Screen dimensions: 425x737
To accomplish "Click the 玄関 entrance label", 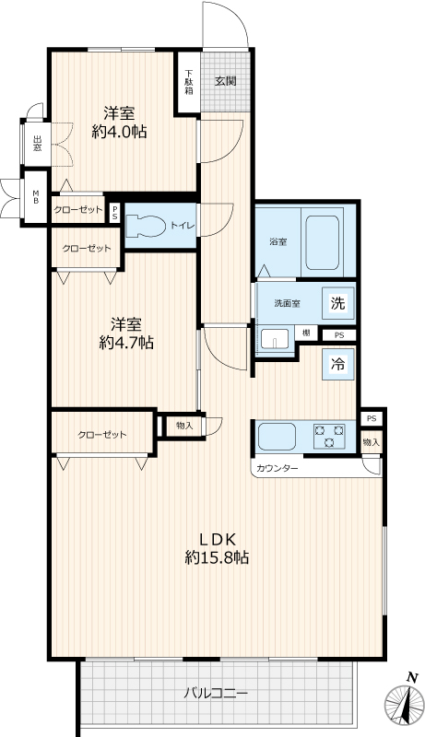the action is [x=226, y=81].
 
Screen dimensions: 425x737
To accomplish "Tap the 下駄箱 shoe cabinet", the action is [x=188, y=82].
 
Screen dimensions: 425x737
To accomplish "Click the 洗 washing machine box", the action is [x=337, y=303].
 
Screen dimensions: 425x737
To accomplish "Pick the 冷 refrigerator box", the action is [x=337, y=364].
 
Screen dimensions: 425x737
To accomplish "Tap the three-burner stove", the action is [x=329, y=436].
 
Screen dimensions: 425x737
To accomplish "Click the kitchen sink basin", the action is [x=277, y=436].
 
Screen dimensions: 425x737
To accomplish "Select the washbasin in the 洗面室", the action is [x=275, y=339].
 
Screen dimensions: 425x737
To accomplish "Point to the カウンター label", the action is [x=277, y=469].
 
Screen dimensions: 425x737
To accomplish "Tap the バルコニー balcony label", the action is [x=216, y=693].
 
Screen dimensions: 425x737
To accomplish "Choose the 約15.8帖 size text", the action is [x=217, y=558].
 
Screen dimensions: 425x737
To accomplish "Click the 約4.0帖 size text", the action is [x=120, y=133].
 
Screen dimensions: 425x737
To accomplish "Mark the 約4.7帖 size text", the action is [x=126, y=343].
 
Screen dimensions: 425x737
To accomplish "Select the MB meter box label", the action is [x=36, y=197].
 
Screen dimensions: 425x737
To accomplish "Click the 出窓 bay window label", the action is [x=37, y=144].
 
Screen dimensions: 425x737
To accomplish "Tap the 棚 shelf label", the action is [x=306, y=333].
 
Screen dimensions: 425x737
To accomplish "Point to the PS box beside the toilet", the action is [x=115, y=213].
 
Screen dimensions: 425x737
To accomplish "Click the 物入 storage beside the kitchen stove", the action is [x=372, y=442].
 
